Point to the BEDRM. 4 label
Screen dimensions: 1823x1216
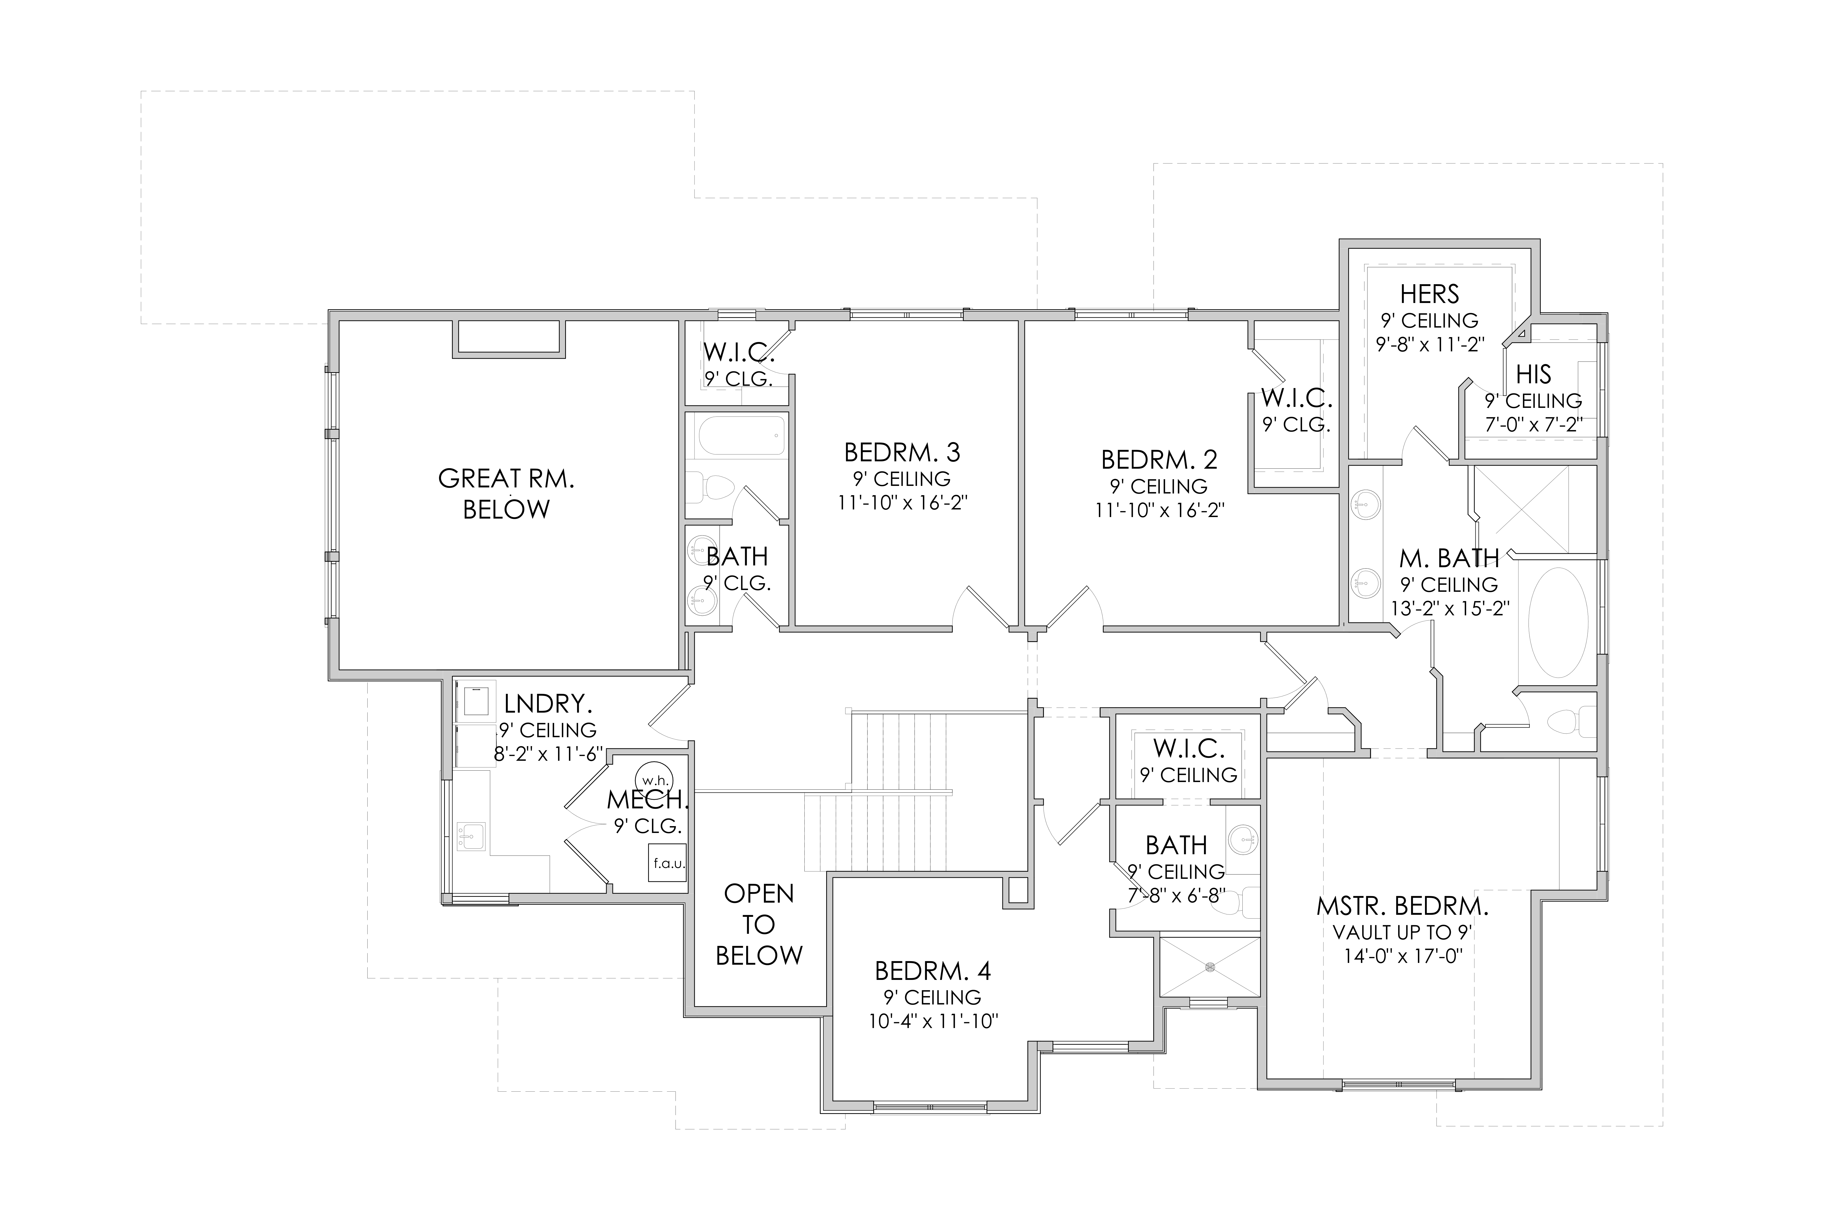tap(933, 971)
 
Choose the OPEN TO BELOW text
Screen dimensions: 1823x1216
tap(759, 924)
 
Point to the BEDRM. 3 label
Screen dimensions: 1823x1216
tap(902, 452)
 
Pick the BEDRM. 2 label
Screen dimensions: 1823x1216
tap(1160, 460)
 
